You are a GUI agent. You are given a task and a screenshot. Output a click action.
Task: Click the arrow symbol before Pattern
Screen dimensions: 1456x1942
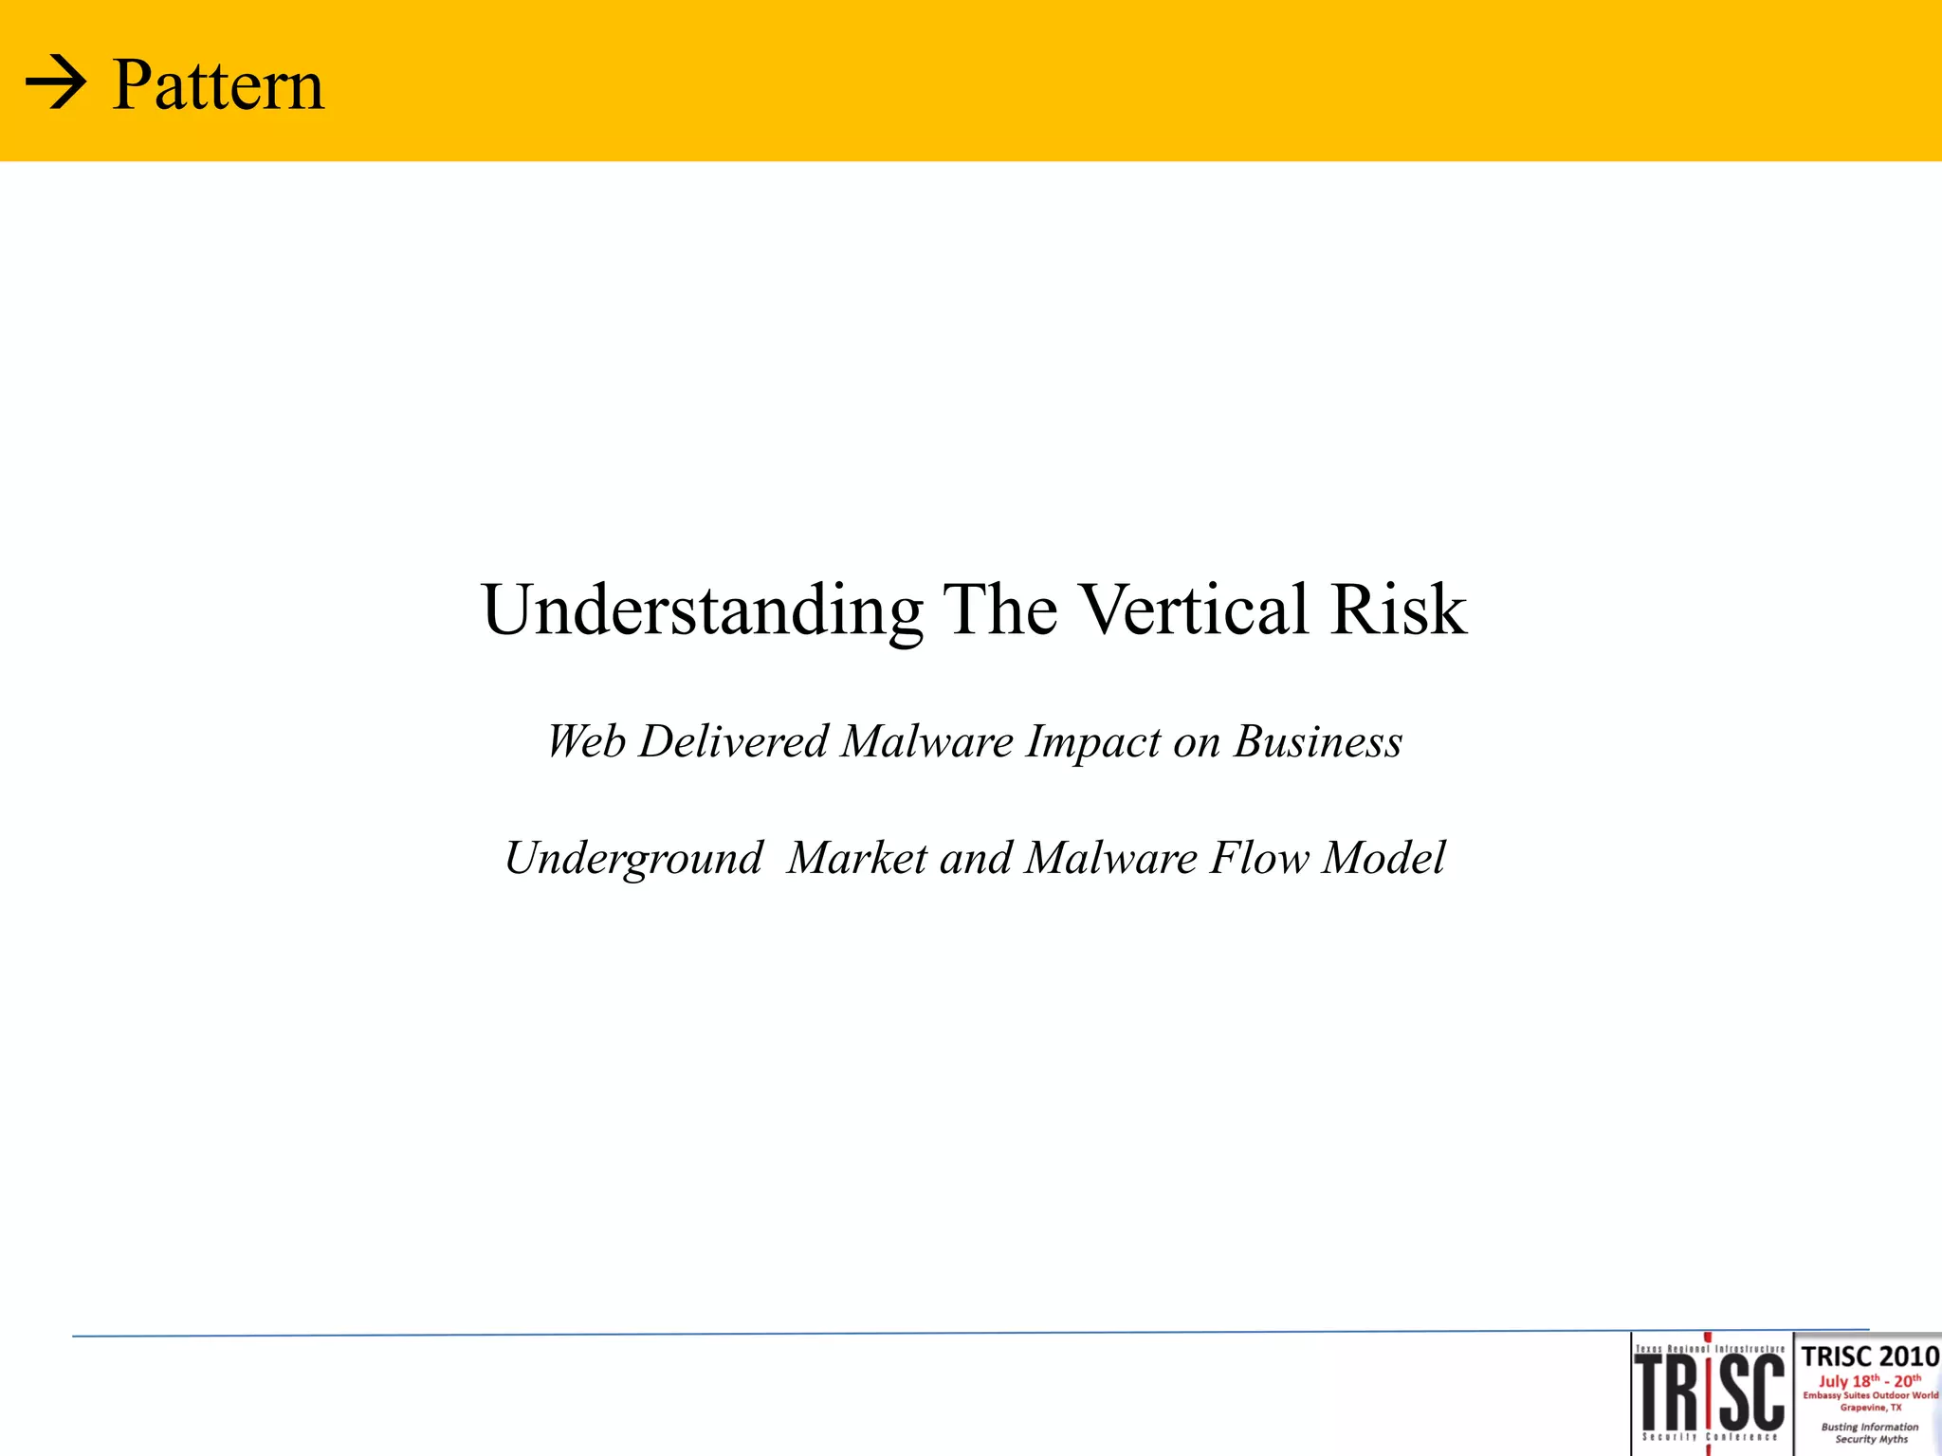coord(56,85)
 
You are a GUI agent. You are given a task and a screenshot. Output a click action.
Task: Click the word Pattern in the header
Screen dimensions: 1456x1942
coord(218,85)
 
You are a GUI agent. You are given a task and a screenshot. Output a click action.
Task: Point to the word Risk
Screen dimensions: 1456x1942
coord(1399,609)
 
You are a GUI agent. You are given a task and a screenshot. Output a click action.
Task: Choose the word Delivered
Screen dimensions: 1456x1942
coord(734,741)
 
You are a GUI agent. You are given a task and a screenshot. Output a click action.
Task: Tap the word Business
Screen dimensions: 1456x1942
coord(1317,741)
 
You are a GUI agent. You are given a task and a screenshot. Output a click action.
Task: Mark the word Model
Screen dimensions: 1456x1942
coord(1384,858)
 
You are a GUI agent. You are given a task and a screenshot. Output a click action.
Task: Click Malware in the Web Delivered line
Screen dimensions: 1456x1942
coord(927,741)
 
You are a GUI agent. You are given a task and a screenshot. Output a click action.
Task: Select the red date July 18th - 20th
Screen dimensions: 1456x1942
coord(1869,1380)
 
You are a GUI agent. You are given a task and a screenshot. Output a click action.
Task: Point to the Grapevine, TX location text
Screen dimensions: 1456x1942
coord(1870,1408)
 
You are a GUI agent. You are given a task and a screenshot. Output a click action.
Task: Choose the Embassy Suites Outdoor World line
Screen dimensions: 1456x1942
coord(1870,1395)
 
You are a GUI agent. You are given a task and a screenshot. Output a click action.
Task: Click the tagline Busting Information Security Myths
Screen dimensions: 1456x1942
coord(1870,1432)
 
